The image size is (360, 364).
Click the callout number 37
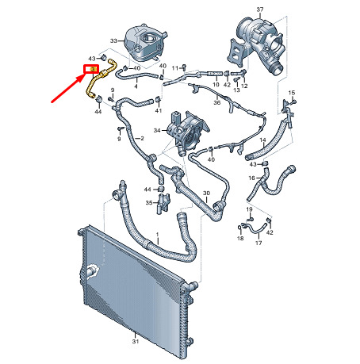[260, 10]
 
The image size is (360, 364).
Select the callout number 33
[113, 40]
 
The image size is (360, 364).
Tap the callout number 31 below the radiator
[136, 341]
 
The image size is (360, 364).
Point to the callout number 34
[157, 130]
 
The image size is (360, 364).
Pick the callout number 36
[216, 102]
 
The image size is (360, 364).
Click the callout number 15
[292, 93]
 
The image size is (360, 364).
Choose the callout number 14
[262, 140]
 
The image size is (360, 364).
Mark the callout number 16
[251, 178]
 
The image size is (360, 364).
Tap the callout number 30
[206, 193]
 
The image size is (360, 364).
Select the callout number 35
[149, 203]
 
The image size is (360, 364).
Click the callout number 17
[259, 243]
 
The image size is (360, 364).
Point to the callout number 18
[240, 238]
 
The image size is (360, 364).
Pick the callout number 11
[175, 68]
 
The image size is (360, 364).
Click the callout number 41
[159, 110]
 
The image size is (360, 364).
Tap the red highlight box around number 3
[91, 69]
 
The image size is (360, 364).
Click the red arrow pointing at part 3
[68, 88]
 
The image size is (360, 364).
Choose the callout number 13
[236, 90]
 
